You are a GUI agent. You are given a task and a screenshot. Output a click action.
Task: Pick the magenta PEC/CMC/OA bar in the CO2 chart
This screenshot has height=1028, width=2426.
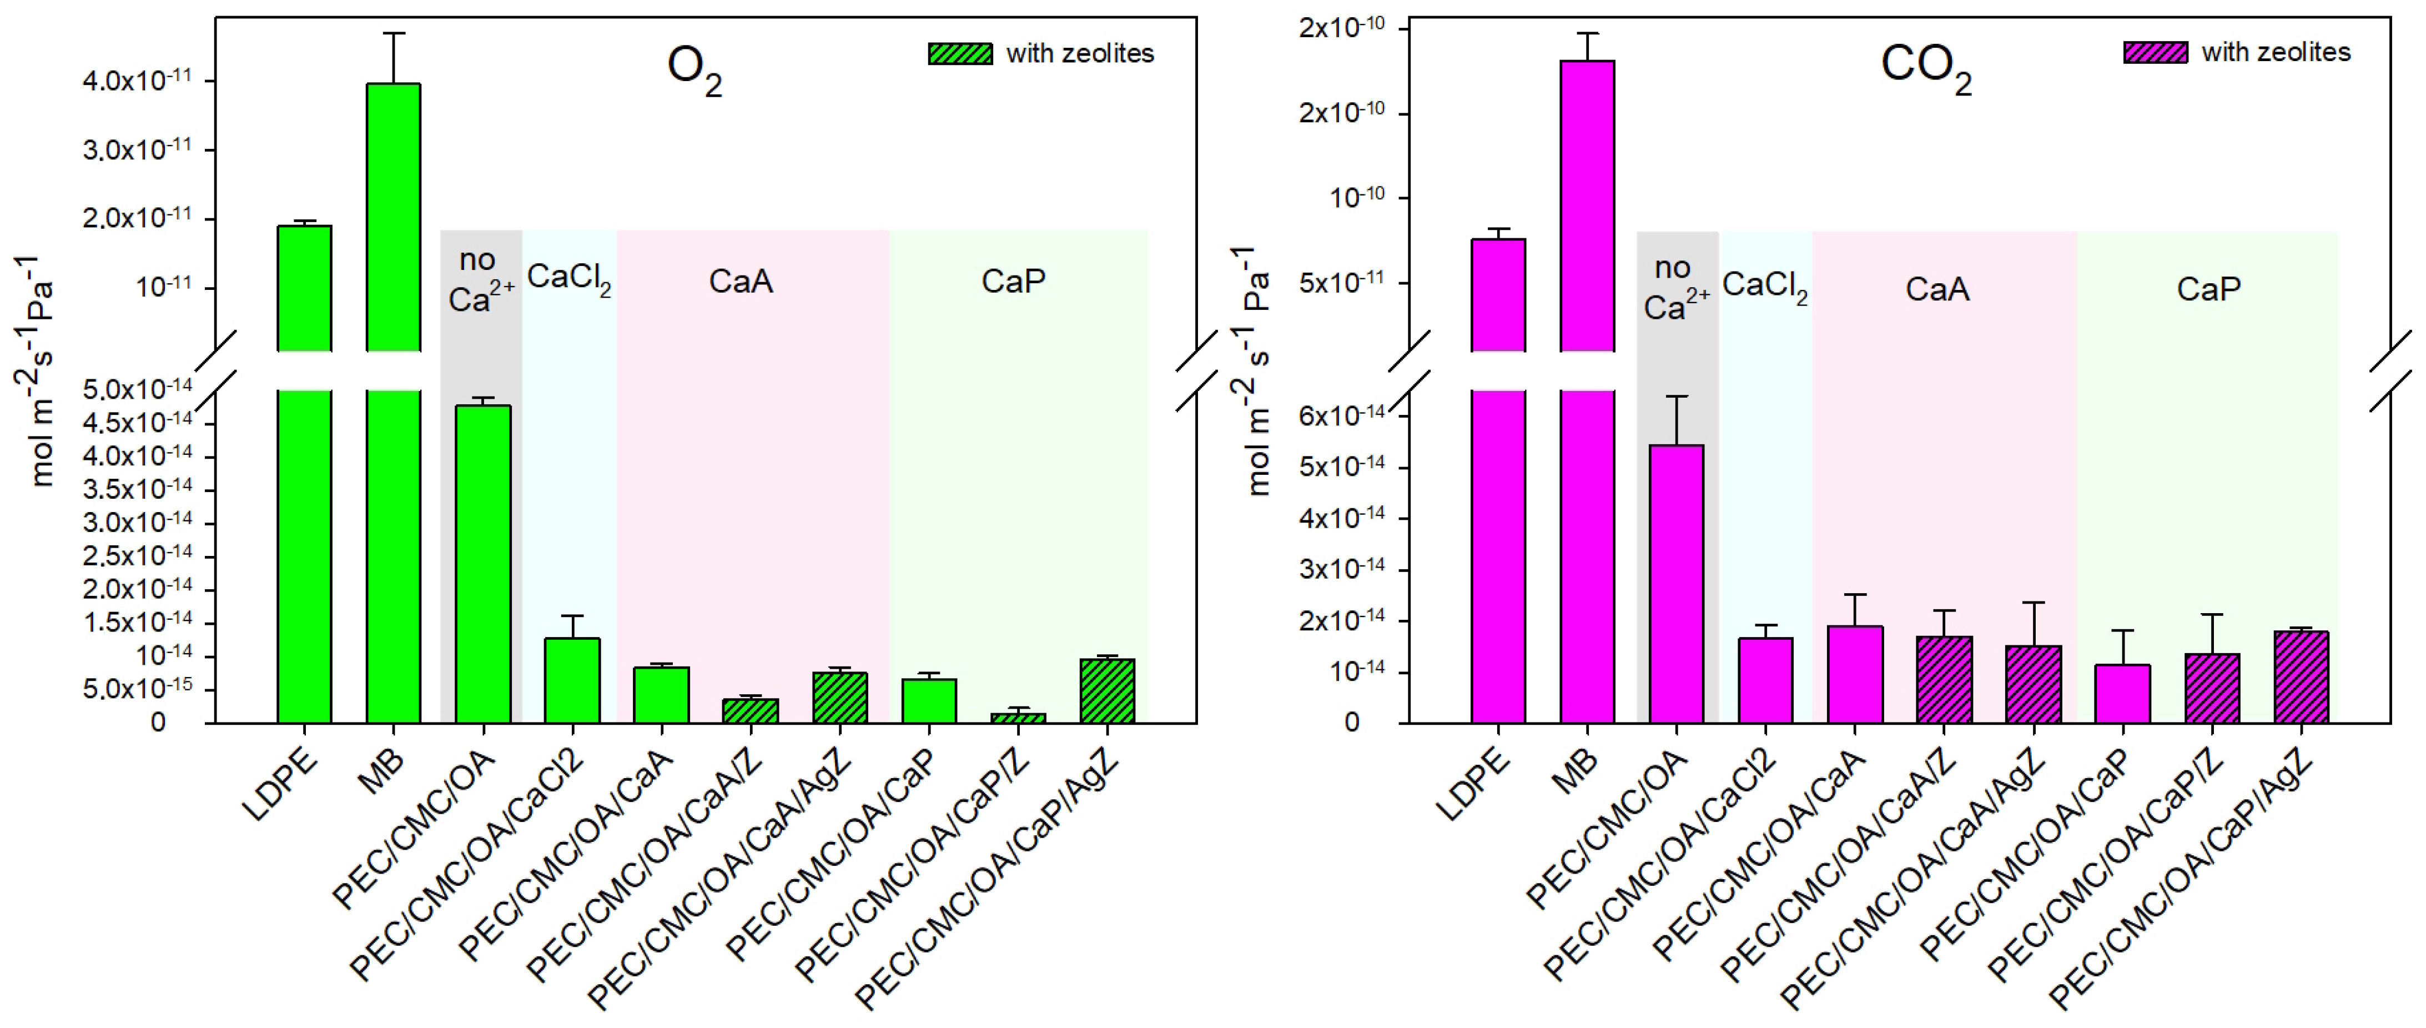click(x=1677, y=584)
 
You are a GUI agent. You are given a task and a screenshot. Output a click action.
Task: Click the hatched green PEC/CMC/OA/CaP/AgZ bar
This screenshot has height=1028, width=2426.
click(x=1108, y=691)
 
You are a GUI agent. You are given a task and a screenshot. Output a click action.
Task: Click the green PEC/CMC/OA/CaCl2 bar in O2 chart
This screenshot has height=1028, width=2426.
click(x=572, y=680)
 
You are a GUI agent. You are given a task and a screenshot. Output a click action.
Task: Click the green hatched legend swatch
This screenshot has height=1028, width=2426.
click(x=960, y=54)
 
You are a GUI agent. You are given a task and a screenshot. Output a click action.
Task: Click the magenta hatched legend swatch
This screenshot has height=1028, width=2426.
click(x=2155, y=53)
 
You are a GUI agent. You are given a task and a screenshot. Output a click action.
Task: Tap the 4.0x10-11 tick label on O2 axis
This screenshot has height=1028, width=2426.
click(x=137, y=80)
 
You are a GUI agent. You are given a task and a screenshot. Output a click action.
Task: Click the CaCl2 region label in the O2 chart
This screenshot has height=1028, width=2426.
click(x=569, y=279)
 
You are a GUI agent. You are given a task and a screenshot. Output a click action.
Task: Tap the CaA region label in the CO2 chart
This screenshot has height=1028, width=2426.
click(x=1937, y=288)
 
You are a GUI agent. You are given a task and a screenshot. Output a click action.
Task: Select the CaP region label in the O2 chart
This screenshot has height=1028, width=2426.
click(x=1013, y=281)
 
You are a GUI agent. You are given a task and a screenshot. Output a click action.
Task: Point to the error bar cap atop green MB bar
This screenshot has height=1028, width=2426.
click(x=394, y=34)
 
